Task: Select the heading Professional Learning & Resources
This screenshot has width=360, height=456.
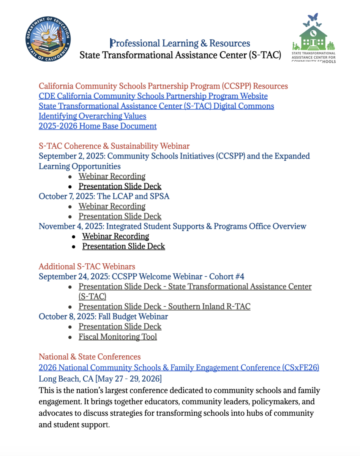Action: point(180,43)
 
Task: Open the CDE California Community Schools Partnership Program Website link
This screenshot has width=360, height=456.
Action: point(153,96)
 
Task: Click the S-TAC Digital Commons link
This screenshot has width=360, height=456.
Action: point(156,106)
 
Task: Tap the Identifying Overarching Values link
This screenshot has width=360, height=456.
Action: point(92,116)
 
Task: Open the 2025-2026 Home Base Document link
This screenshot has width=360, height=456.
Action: point(98,126)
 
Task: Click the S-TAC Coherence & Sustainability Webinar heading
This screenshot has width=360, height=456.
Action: point(114,146)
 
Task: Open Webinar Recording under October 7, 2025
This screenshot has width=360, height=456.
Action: point(112,206)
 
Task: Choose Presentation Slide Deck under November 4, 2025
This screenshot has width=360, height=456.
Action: point(123,246)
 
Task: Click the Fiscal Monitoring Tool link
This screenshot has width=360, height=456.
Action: point(117,337)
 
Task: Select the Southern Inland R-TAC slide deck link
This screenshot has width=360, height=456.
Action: point(164,307)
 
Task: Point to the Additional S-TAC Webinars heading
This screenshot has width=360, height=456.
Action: point(87,266)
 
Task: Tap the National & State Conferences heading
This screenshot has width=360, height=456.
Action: point(90,357)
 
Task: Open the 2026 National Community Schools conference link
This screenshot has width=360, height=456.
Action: point(178,367)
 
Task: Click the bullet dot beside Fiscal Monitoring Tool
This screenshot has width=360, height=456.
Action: point(70,337)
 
